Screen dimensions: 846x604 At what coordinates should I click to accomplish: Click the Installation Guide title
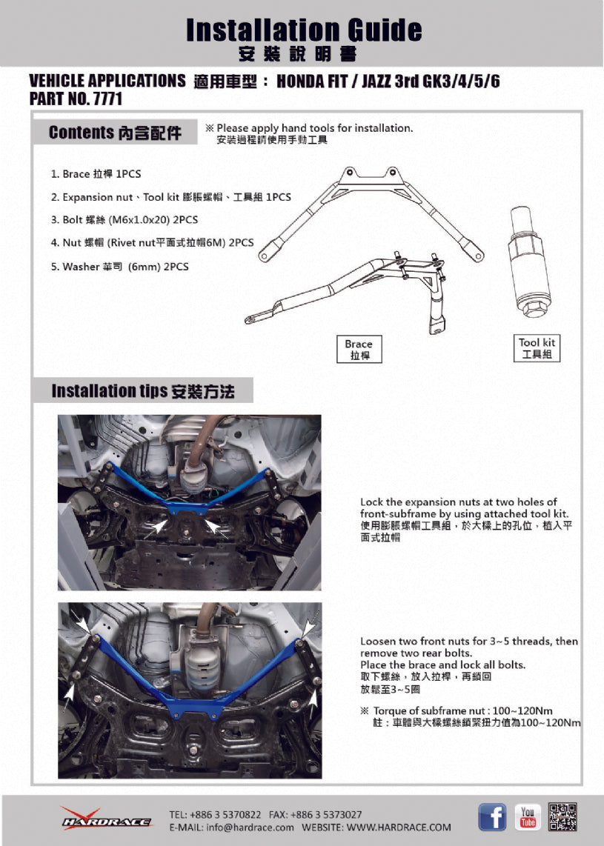(x=304, y=30)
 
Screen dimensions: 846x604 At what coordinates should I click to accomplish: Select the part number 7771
(x=107, y=99)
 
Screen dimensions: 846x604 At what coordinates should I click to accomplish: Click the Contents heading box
(x=115, y=133)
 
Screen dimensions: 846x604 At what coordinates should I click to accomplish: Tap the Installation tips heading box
(x=142, y=391)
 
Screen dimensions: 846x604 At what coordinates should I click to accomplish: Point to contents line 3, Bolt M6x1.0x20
(x=125, y=220)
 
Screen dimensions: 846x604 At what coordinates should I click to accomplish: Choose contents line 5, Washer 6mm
(x=119, y=267)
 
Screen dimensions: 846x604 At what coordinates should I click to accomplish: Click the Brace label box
(x=359, y=350)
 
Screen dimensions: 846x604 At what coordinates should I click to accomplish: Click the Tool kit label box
(x=537, y=347)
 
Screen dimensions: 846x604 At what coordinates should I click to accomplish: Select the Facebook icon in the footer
(x=492, y=816)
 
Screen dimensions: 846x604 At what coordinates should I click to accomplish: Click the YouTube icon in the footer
(x=527, y=816)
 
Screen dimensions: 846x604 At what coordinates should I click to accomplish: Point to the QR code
(x=562, y=816)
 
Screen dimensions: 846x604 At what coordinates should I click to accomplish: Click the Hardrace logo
(x=106, y=818)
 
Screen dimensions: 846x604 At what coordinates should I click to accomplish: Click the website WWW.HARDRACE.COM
(x=399, y=827)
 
